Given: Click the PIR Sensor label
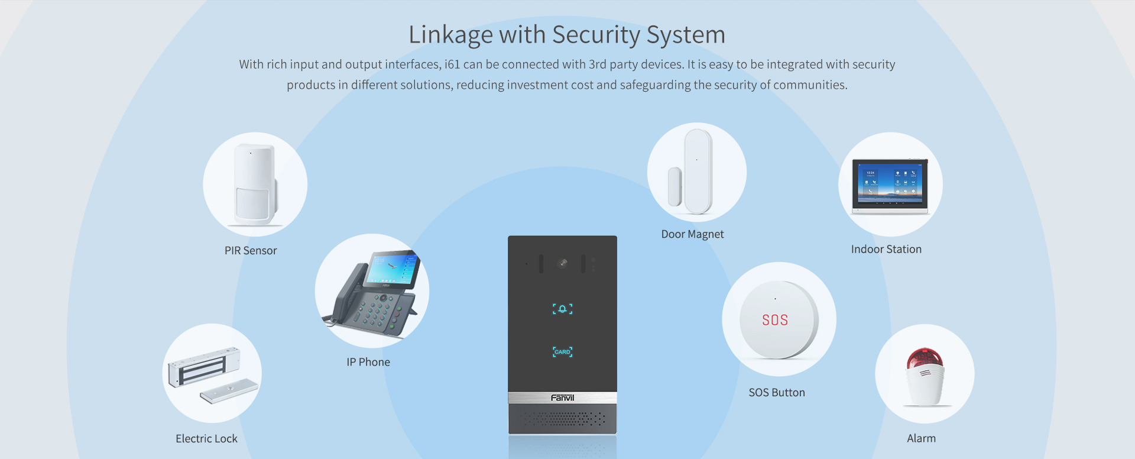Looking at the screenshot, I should click(251, 251).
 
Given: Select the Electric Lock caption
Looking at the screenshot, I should click(206, 439).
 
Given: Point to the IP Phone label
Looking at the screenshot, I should click(368, 362).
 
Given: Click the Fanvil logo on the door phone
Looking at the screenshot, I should click(562, 398).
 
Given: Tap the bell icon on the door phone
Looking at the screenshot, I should click(562, 309).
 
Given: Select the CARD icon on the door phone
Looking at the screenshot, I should click(562, 352).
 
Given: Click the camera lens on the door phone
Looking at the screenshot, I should click(562, 263).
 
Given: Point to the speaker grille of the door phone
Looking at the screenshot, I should click(562, 419).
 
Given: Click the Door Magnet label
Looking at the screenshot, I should click(692, 234).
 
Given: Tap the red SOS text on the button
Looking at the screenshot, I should click(775, 320).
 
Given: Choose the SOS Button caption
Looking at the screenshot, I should click(777, 393).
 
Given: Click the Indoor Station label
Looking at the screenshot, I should click(886, 250).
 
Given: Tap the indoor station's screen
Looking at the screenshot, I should click(890, 183).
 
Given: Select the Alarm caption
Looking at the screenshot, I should click(921, 438).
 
